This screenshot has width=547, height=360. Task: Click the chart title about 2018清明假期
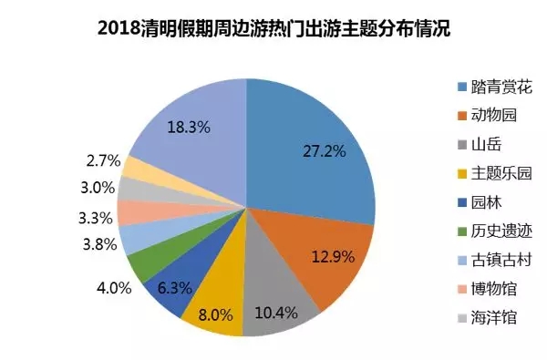click(273, 28)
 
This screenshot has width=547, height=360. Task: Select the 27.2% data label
click(324, 151)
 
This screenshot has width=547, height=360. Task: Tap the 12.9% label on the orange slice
click(333, 257)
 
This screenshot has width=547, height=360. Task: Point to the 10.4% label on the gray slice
click(276, 313)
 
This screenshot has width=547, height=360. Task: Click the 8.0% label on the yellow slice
click(215, 315)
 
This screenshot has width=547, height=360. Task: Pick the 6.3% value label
click(174, 288)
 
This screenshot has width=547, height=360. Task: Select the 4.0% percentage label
click(114, 288)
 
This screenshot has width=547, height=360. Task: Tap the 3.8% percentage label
click(99, 244)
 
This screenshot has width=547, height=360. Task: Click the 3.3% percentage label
click(95, 219)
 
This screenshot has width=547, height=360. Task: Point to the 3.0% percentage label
click(98, 188)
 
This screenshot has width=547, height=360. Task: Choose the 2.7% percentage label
click(103, 160)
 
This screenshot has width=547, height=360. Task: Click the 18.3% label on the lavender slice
click(189, 127)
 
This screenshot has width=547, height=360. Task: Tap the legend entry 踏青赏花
click(495, 87)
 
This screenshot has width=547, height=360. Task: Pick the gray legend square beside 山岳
click(462, 144)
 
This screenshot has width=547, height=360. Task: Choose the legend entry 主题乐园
click(495, 173)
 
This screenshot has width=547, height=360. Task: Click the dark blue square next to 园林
click(462, 202)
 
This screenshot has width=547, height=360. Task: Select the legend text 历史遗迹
click(501, 231)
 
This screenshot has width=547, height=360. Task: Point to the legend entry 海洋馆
click(487, 318)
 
